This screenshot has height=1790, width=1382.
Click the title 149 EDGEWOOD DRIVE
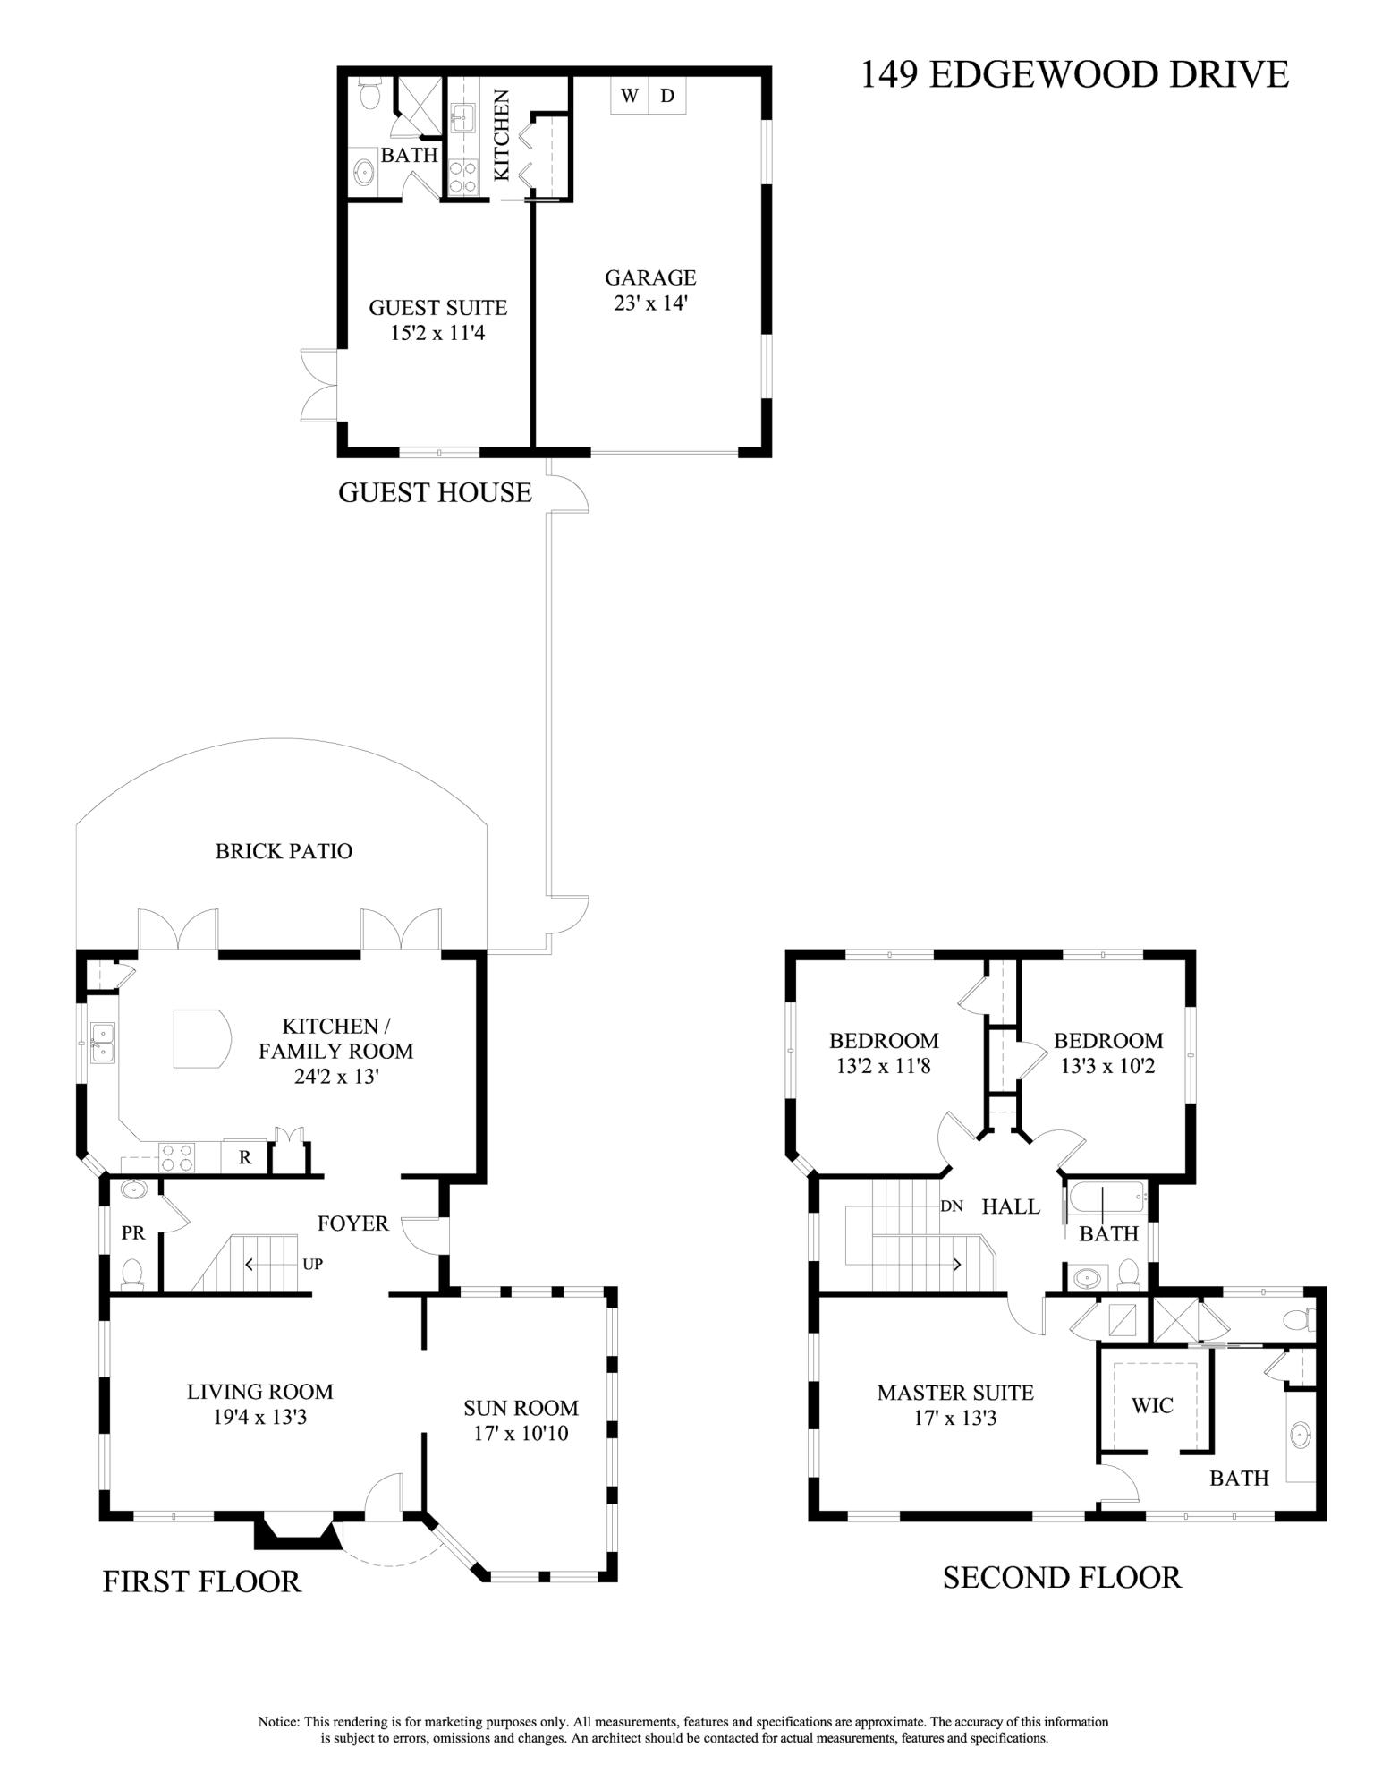pyautogui.click(x=1074, y=74)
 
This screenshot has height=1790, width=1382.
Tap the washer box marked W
pyautogui.click(x=630, y=96)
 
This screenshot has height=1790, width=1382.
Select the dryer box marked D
pyautogui.click(x=667, y=96)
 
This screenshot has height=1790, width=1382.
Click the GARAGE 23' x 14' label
pyautogui.click(x=650, y=290)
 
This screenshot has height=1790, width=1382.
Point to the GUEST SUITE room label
pyautogui.click(x=438, y=308)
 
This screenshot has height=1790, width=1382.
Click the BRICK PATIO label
pyautogui.click(x=284, y=850)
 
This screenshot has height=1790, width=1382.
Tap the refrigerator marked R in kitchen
pyautogui.click(x=244, y=1157)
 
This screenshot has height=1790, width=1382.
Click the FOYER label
pyautogui.click(x=353, y=1223)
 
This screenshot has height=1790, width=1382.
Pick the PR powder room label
pyautogui.click(x=132, y=1233)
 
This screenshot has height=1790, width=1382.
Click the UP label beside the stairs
pyautogui.click(x=312, y=1265)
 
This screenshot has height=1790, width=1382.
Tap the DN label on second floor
pyautogui.click(x=952, y=1206)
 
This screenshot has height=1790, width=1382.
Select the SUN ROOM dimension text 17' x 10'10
pyautogui.click(x=521, y=1433)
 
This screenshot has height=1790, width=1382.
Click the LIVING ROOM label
pyautogui.click(x=259, y=1392)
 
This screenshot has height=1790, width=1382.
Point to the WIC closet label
pyautogui.click(x=1152, y=1405)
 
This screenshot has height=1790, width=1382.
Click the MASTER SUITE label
pyautogui.click(x=955, y=1393)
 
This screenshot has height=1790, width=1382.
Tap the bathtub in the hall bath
pyautogui.click(x=1106, y=1196)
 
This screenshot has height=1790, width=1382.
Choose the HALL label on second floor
pyautogui.click(x=1011, y=1206)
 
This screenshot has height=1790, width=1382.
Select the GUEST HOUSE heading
pyautogui.click(x=435, y=492)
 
